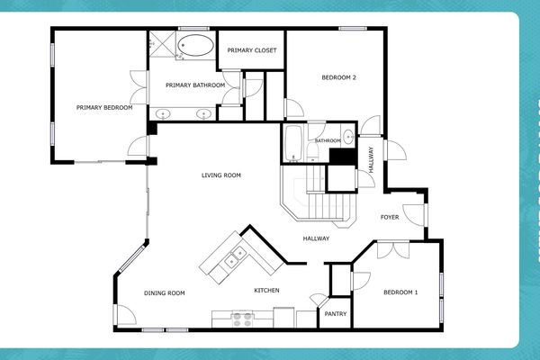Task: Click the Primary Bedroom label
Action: tap(104, 108)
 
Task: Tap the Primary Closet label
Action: tap(252, 50)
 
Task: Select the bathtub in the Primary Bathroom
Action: tap(195, 45)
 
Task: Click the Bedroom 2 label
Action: tap(339, 77)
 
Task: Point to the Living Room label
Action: tap(220, 175)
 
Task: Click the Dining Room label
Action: tap(165, 292)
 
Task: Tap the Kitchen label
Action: tap(266, 290)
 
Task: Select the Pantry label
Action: tap(336, 314)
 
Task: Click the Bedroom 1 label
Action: tap(401, 292)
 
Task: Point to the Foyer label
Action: tap(390, 217)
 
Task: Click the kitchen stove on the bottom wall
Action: tap(243, 318)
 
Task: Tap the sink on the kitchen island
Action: tap(235, 259)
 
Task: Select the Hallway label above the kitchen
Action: tap(315, 238)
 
